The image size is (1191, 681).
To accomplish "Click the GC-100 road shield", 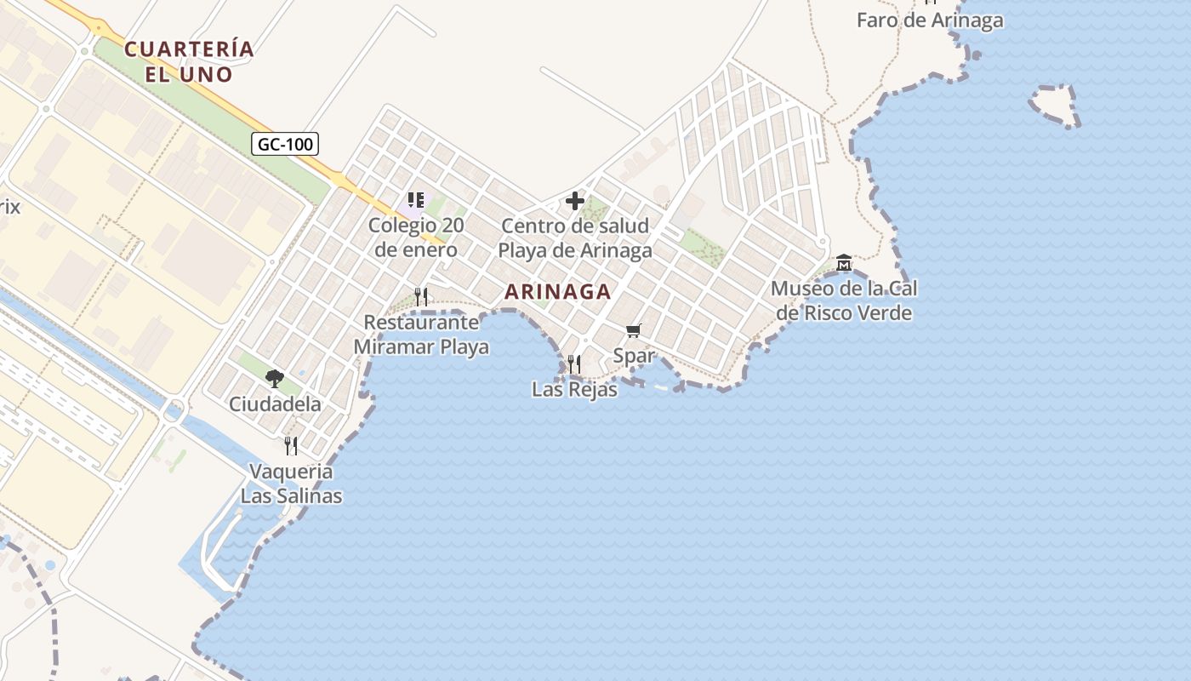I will click(285, 144).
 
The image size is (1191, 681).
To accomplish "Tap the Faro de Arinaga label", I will click(930, 20).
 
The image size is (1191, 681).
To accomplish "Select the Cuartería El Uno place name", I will click(189, 61).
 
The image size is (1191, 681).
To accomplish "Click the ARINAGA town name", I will click(557, 291).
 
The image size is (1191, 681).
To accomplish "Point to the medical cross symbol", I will click(575, 202).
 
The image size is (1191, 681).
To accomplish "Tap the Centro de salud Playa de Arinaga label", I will click(575, 238).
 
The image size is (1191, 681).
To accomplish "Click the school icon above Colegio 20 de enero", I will click(416, 201).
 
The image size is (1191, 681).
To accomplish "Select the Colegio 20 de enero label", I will click(416, 238).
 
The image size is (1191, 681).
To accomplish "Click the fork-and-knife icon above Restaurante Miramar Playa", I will click(421, 297).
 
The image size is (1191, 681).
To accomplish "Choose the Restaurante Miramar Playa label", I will click(421, 335).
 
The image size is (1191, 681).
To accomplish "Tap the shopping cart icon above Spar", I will click(633, 330).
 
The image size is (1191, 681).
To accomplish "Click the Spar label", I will click(634, 355).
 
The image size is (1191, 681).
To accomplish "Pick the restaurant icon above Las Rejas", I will click(574, 364).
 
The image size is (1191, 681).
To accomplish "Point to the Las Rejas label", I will click(574, 390).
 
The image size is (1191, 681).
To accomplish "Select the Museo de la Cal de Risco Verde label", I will click(844, 300).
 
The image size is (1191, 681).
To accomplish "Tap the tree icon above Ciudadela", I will click(274, 378).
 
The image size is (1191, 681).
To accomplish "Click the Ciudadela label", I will click(275, 403).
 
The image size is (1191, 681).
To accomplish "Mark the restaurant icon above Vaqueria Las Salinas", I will click(291, 445).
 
